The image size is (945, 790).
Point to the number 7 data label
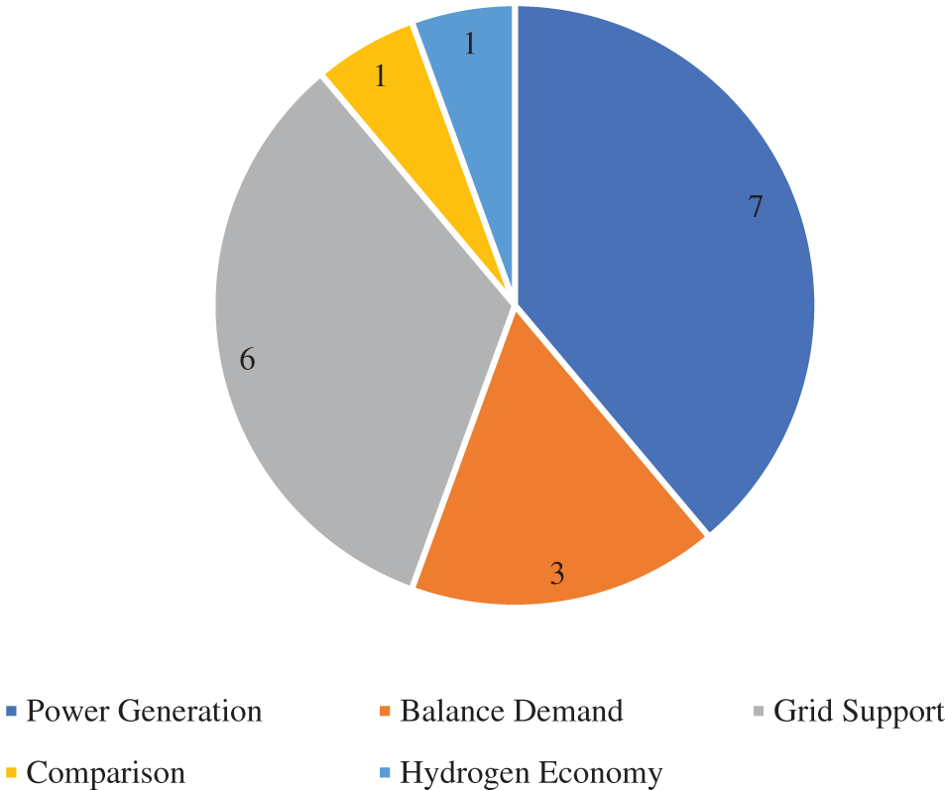[x=756, y=207]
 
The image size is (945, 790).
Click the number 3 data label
[x=557, y=573]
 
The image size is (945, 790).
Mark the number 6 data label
[x=248, y=359]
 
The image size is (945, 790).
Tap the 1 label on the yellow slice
[x=380, y=75]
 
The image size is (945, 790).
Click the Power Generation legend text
[x=145, y=711]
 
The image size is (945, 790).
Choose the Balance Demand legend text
[x=512, y=711]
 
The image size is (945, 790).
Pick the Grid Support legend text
[x=859, y=711]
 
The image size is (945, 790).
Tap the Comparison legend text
[x=106, y=772]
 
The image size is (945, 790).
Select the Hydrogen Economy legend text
[x=531, y=772]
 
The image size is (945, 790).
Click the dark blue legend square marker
[x=11, y=712]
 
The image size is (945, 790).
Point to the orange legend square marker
[x=386, y=712]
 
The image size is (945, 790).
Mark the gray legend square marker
[x=760, y=712]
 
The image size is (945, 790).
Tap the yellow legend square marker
[x=11, y=773]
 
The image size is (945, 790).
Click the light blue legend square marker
[x=386, y=773]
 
